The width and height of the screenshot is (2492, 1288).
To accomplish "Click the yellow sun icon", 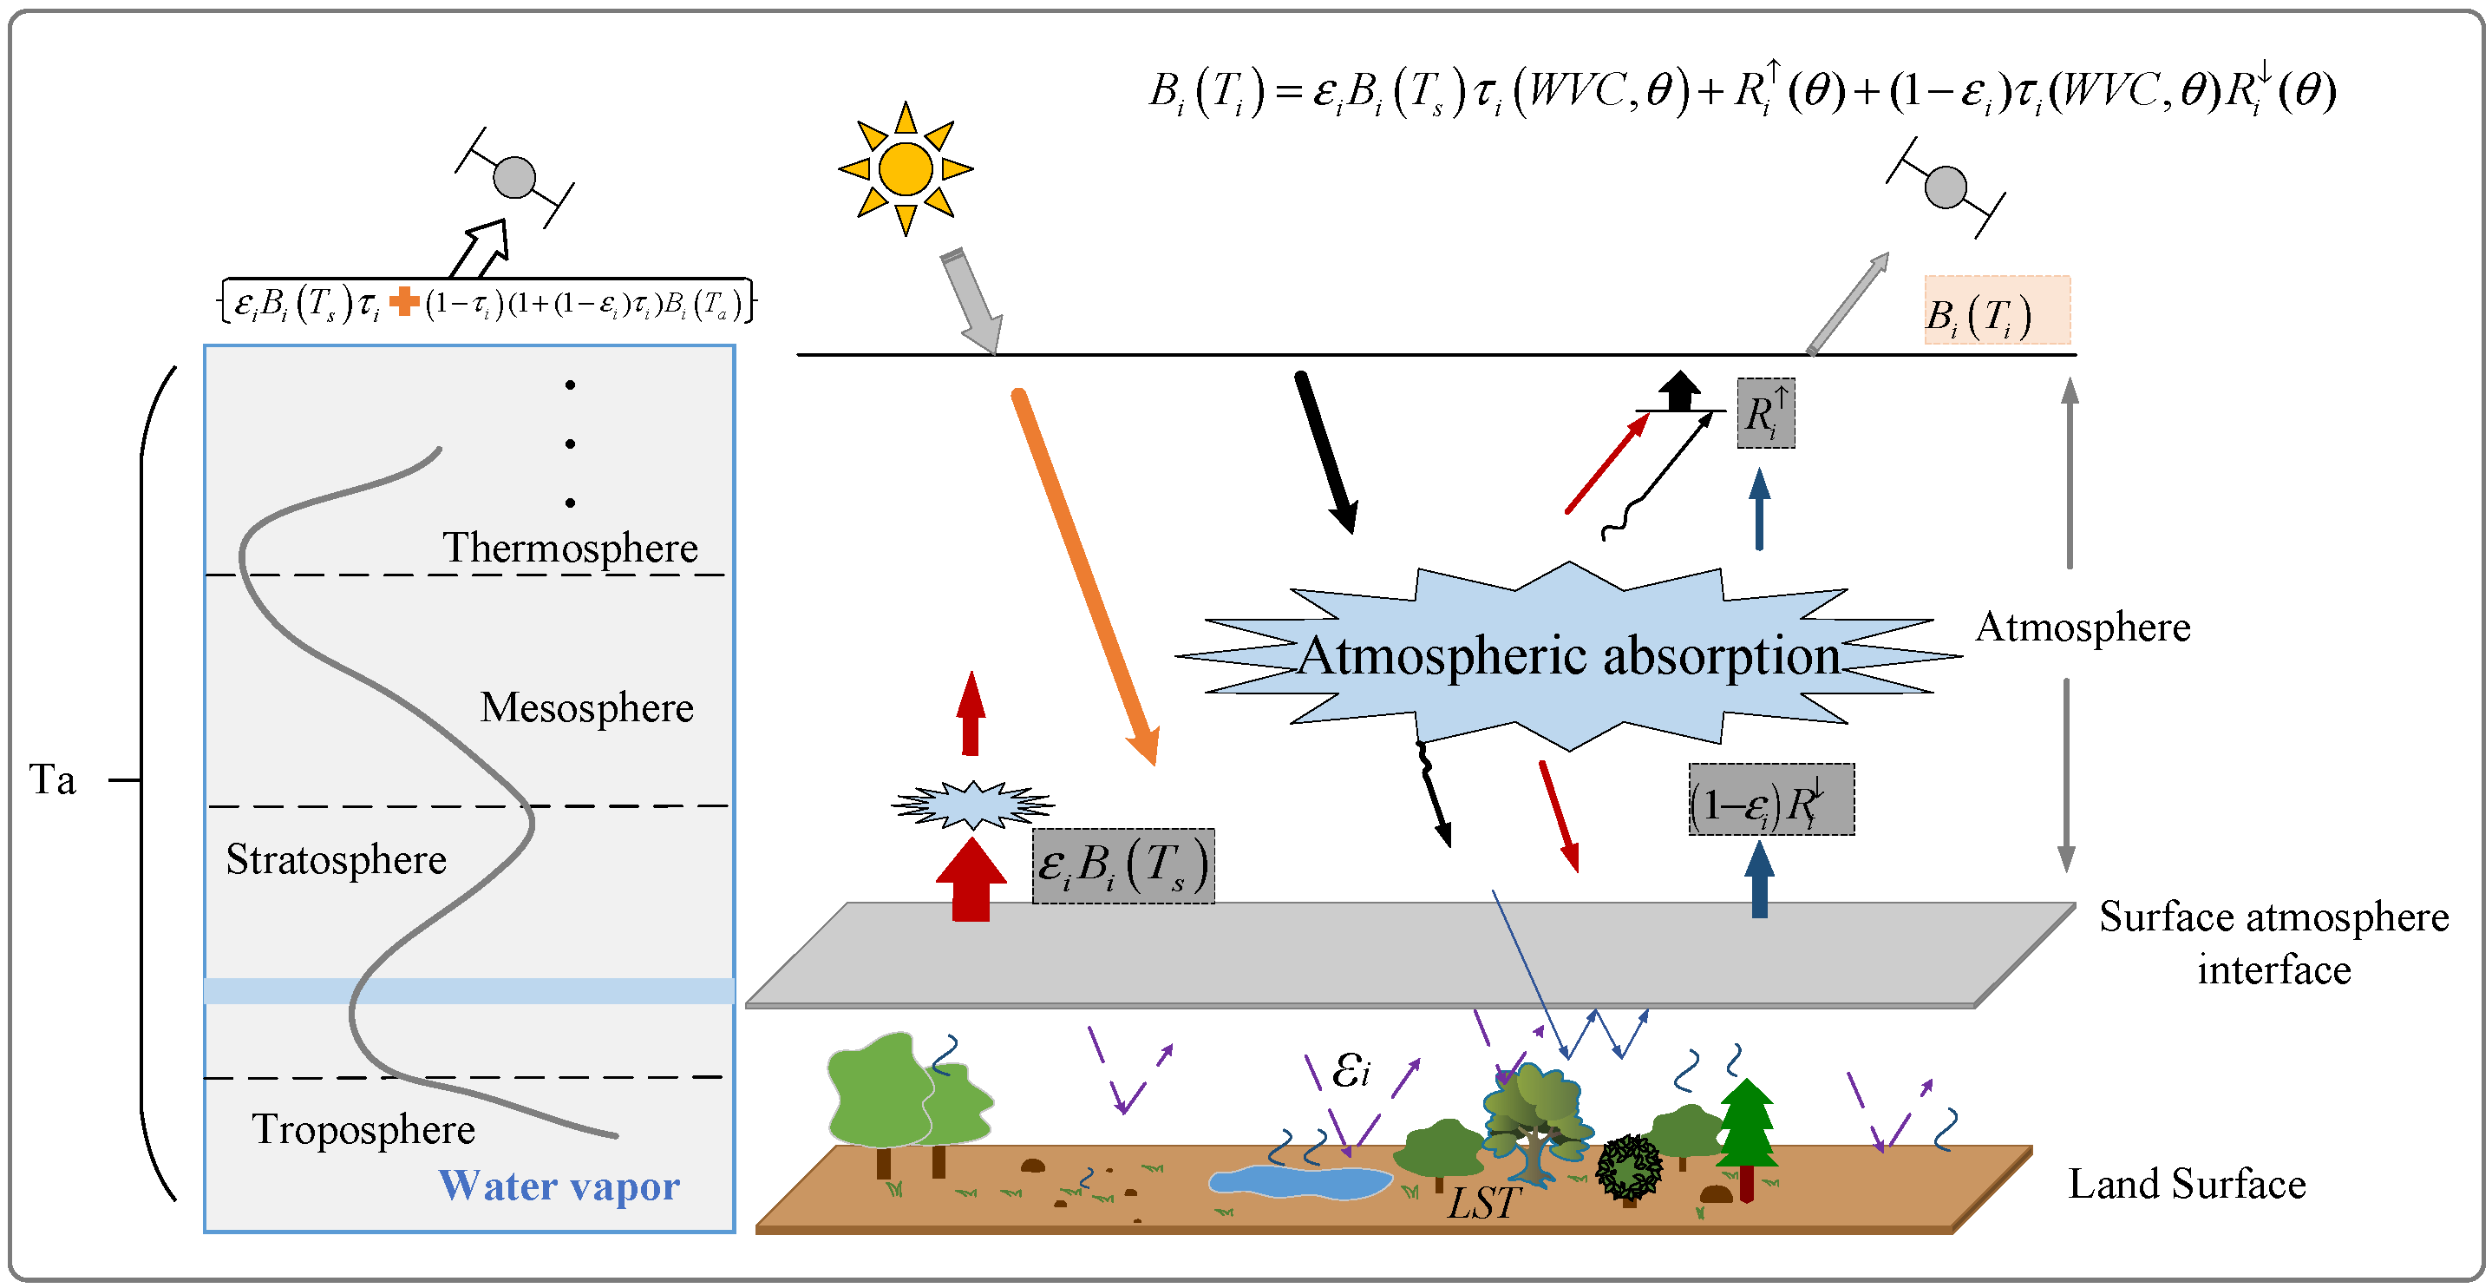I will click(906, 168).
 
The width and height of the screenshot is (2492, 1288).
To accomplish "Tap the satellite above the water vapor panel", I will click(514, 177).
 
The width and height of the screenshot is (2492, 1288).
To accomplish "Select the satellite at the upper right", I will click(1946, 187).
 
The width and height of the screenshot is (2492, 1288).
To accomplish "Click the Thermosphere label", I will click(570, 548).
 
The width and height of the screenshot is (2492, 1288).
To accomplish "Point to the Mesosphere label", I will click(586, 707).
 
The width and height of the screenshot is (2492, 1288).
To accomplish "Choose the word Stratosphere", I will click(336, 859).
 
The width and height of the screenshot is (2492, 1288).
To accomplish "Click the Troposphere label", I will click(363, 1129).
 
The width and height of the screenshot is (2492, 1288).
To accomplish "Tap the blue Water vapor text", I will click(559, 1186).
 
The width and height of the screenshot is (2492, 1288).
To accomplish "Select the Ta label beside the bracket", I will click(51, 780).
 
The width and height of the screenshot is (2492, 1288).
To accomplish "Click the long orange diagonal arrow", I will click(1083, 575).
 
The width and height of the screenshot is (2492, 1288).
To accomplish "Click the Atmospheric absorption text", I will click(1568, 656).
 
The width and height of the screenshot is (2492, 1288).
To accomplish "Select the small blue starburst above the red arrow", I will click(972, 805).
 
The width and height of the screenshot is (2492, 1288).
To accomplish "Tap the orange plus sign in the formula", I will click(403, 302).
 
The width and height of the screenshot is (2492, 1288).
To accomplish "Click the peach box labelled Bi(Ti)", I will click(1996, 311).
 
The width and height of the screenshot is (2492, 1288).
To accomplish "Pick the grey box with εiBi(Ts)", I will click(1122, 866).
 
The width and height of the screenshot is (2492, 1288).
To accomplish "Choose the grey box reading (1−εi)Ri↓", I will click(1770, 800).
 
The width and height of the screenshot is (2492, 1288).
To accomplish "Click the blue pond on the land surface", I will click(1299, 1180).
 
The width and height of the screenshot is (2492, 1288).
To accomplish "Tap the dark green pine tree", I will click(1746, 1132).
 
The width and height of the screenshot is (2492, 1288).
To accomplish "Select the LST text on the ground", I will click(1484, 1203).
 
